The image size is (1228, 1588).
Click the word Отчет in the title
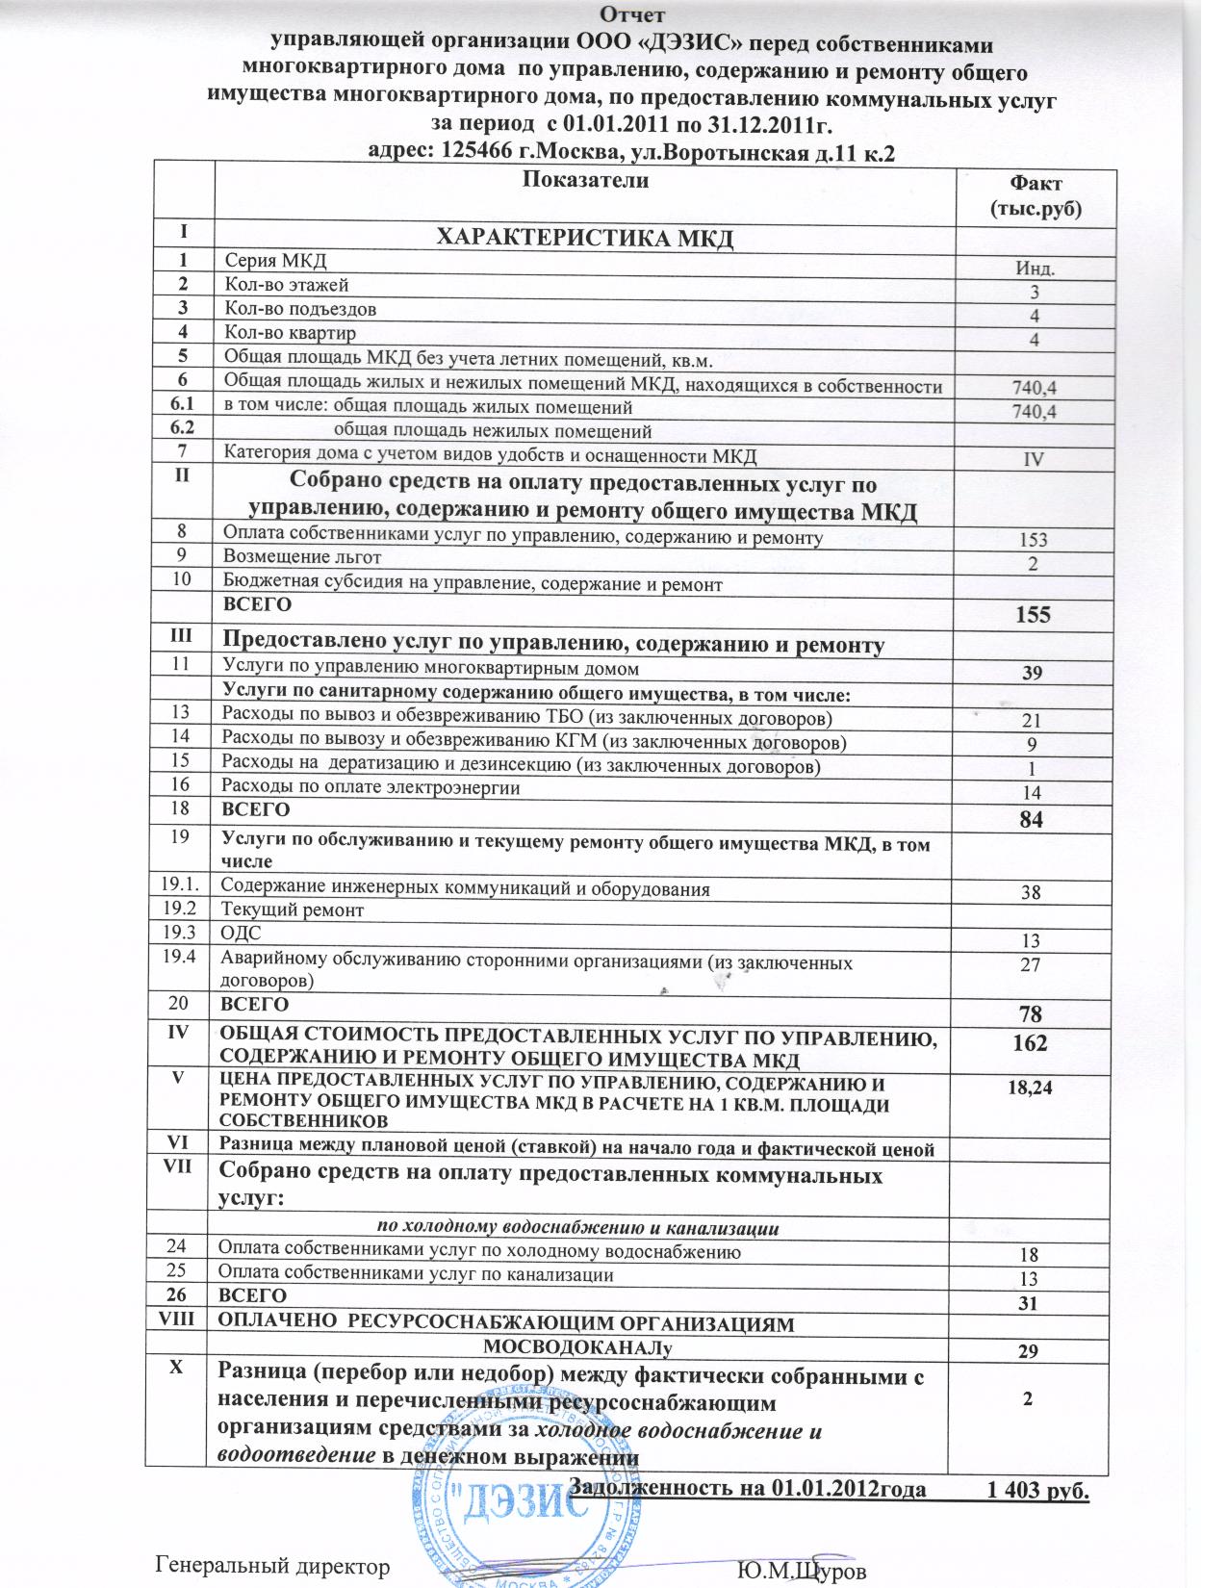pos(630,14)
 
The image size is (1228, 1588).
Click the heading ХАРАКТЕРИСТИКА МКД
pos(584,238)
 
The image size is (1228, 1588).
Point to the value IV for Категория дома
pos(1035,459)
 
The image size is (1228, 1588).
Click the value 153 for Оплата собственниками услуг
pos(1035,541)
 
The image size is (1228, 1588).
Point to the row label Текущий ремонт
pos(293,909)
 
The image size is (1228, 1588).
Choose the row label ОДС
pos(241,934)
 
